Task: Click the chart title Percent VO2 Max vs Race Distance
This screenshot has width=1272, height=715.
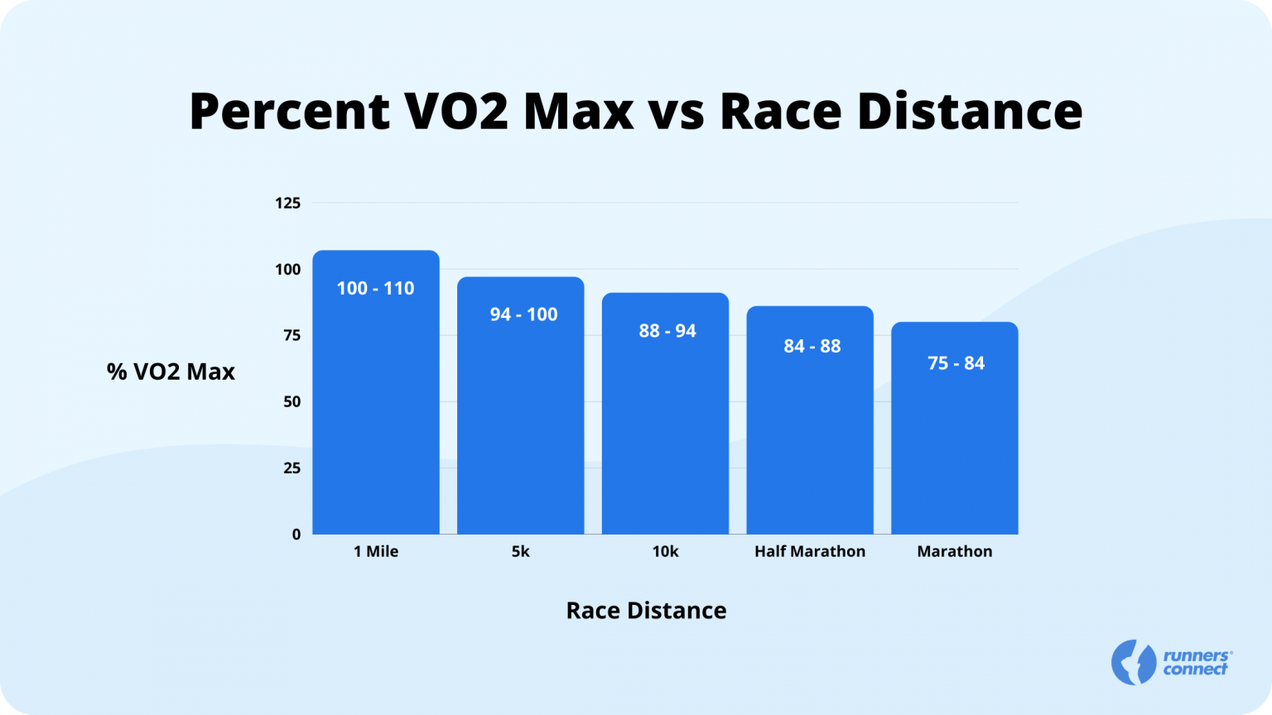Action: [636, 111]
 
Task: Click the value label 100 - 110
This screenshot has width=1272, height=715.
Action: [376, 289]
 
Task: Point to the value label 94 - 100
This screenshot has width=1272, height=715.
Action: [523, 314]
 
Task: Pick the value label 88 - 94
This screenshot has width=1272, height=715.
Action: [667, 331]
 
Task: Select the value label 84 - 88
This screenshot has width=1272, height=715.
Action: [812, 346]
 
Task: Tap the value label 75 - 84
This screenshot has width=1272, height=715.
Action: [956, 363]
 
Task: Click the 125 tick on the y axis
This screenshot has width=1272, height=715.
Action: [287, 203]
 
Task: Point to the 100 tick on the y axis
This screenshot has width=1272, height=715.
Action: [287, 269]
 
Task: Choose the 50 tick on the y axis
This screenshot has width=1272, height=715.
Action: [291, 401]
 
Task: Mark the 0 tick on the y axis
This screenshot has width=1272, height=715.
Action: [296, 535]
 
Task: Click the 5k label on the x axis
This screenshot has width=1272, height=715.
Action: [521, 552]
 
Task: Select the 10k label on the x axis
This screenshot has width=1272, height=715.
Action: [665, 552]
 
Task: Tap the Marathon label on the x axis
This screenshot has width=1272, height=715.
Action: [954, 552]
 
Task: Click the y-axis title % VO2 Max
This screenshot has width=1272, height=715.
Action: [171, 372]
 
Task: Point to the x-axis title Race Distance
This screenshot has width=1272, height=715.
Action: [646, 611]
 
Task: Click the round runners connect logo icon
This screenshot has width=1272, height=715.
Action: [1133, 662]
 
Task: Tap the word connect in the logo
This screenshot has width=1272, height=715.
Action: [1195, 669]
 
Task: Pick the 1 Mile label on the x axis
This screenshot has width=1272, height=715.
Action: [376, 552]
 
